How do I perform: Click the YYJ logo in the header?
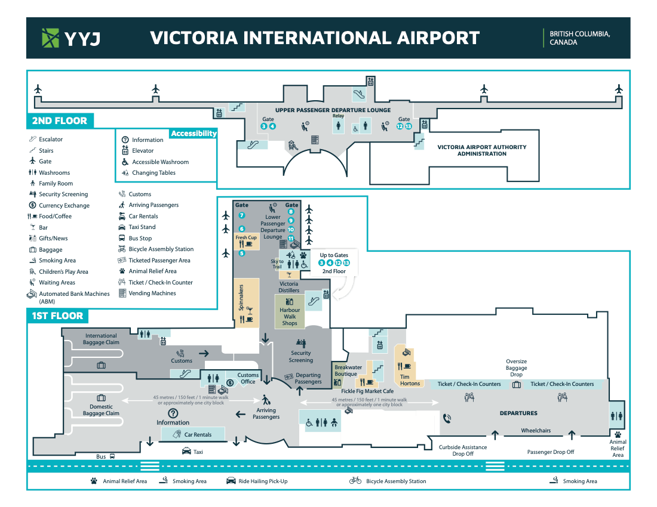pyautogui.click(x=70, y=38)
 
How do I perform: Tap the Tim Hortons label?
pyautogui.click(x=410, y=380)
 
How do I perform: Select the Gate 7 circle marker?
pyautogui.click(x=242, y=215)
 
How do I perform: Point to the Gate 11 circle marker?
pyautogui.click(x=291, y=239)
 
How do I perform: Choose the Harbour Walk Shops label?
pyautogui.click(x=290, y=317)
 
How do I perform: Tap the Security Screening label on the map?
pyautogui.click(x=301, y=357)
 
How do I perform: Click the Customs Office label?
pyautogui.click(x=248, y=378)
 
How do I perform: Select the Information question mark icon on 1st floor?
pyautogui.click(x=173, y=413)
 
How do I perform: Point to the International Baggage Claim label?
pyautogui.click(x=102, y=339)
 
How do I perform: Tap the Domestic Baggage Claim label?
pyautogui.click(x=101, y=410)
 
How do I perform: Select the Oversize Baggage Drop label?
pyautogui.click(x=517, y=368)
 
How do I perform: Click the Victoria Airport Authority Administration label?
pyautogui.click(x=482, y=150)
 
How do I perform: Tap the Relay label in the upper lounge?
pyautogui.click(x=339, y=116)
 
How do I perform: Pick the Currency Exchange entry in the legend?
pyautogui.click(x=64, y=205)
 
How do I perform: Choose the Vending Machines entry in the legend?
pyautogui.click(x=152, y=293)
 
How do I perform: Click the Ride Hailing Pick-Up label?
pyautogui.click(x=263, y=481)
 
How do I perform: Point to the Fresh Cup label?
pyautogui.click(x=246, y=237)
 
